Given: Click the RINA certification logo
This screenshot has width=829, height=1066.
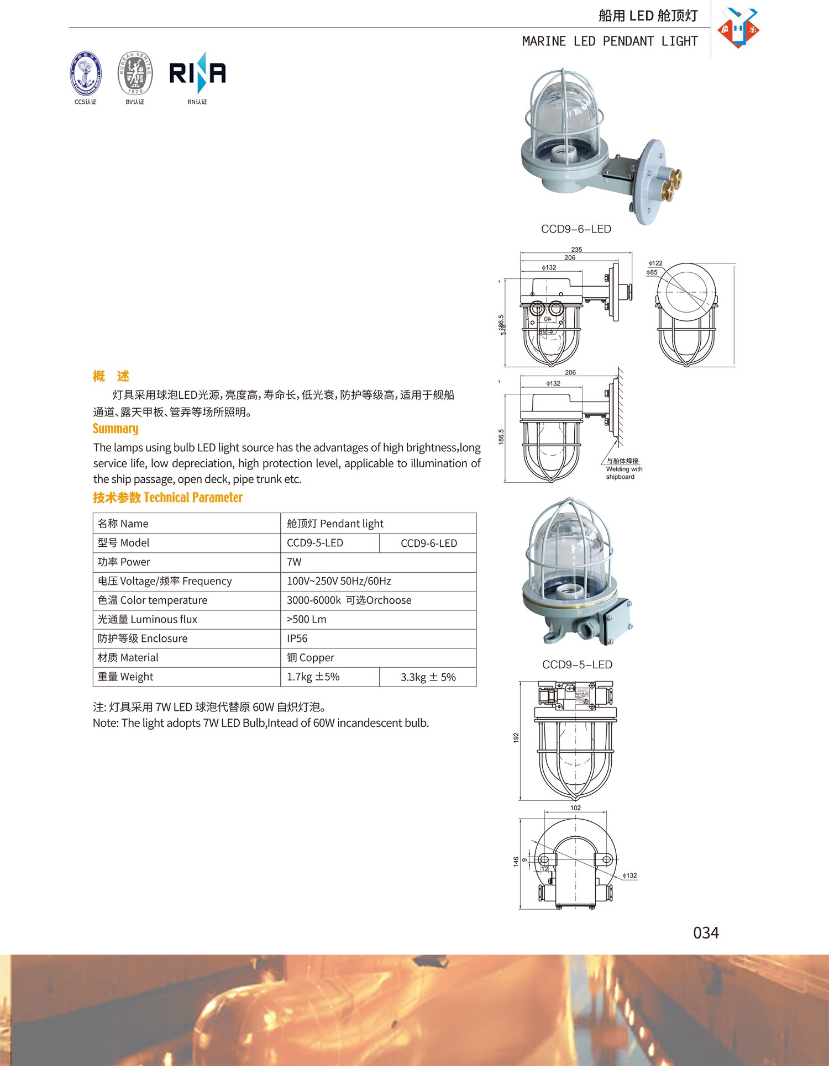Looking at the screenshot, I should (x=197, y=73).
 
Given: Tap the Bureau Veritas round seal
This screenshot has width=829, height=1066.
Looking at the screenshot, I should (x=135, y=73).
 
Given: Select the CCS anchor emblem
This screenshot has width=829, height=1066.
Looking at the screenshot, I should (x=86, y=73).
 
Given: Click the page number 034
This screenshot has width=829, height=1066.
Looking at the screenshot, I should (x=706, y=933).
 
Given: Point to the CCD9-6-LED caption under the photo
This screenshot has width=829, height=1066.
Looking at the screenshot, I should (x=576, y=229).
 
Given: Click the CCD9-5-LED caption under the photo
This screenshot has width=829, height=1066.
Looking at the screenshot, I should (x=577, y=664).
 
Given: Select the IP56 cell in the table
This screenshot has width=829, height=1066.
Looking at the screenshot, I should (x=297, y=638).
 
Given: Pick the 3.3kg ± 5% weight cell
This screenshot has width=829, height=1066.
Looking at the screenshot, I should (x=428, y=677).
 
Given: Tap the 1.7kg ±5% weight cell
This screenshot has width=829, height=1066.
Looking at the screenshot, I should (x=313, y=677).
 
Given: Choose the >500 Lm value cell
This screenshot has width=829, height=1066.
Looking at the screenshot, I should (x=307, y=619).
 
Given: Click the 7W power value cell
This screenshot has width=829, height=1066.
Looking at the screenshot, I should (x=294, y=562).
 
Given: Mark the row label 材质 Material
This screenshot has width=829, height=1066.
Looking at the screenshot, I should (x=128, y=657).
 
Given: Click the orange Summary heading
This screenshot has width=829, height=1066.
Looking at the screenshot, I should (x=116, y=429).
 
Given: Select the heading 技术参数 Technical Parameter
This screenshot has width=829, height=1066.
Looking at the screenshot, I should (x=167, y=498).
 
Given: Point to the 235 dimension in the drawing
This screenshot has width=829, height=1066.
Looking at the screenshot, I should (x=576, y=250).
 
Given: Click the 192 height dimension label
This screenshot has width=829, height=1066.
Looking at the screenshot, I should (x=516, y=737).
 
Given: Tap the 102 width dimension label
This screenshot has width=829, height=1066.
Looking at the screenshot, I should (x=575, y=808).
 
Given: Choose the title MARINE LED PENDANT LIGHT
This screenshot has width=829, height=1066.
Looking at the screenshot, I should (x=610, y=41).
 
